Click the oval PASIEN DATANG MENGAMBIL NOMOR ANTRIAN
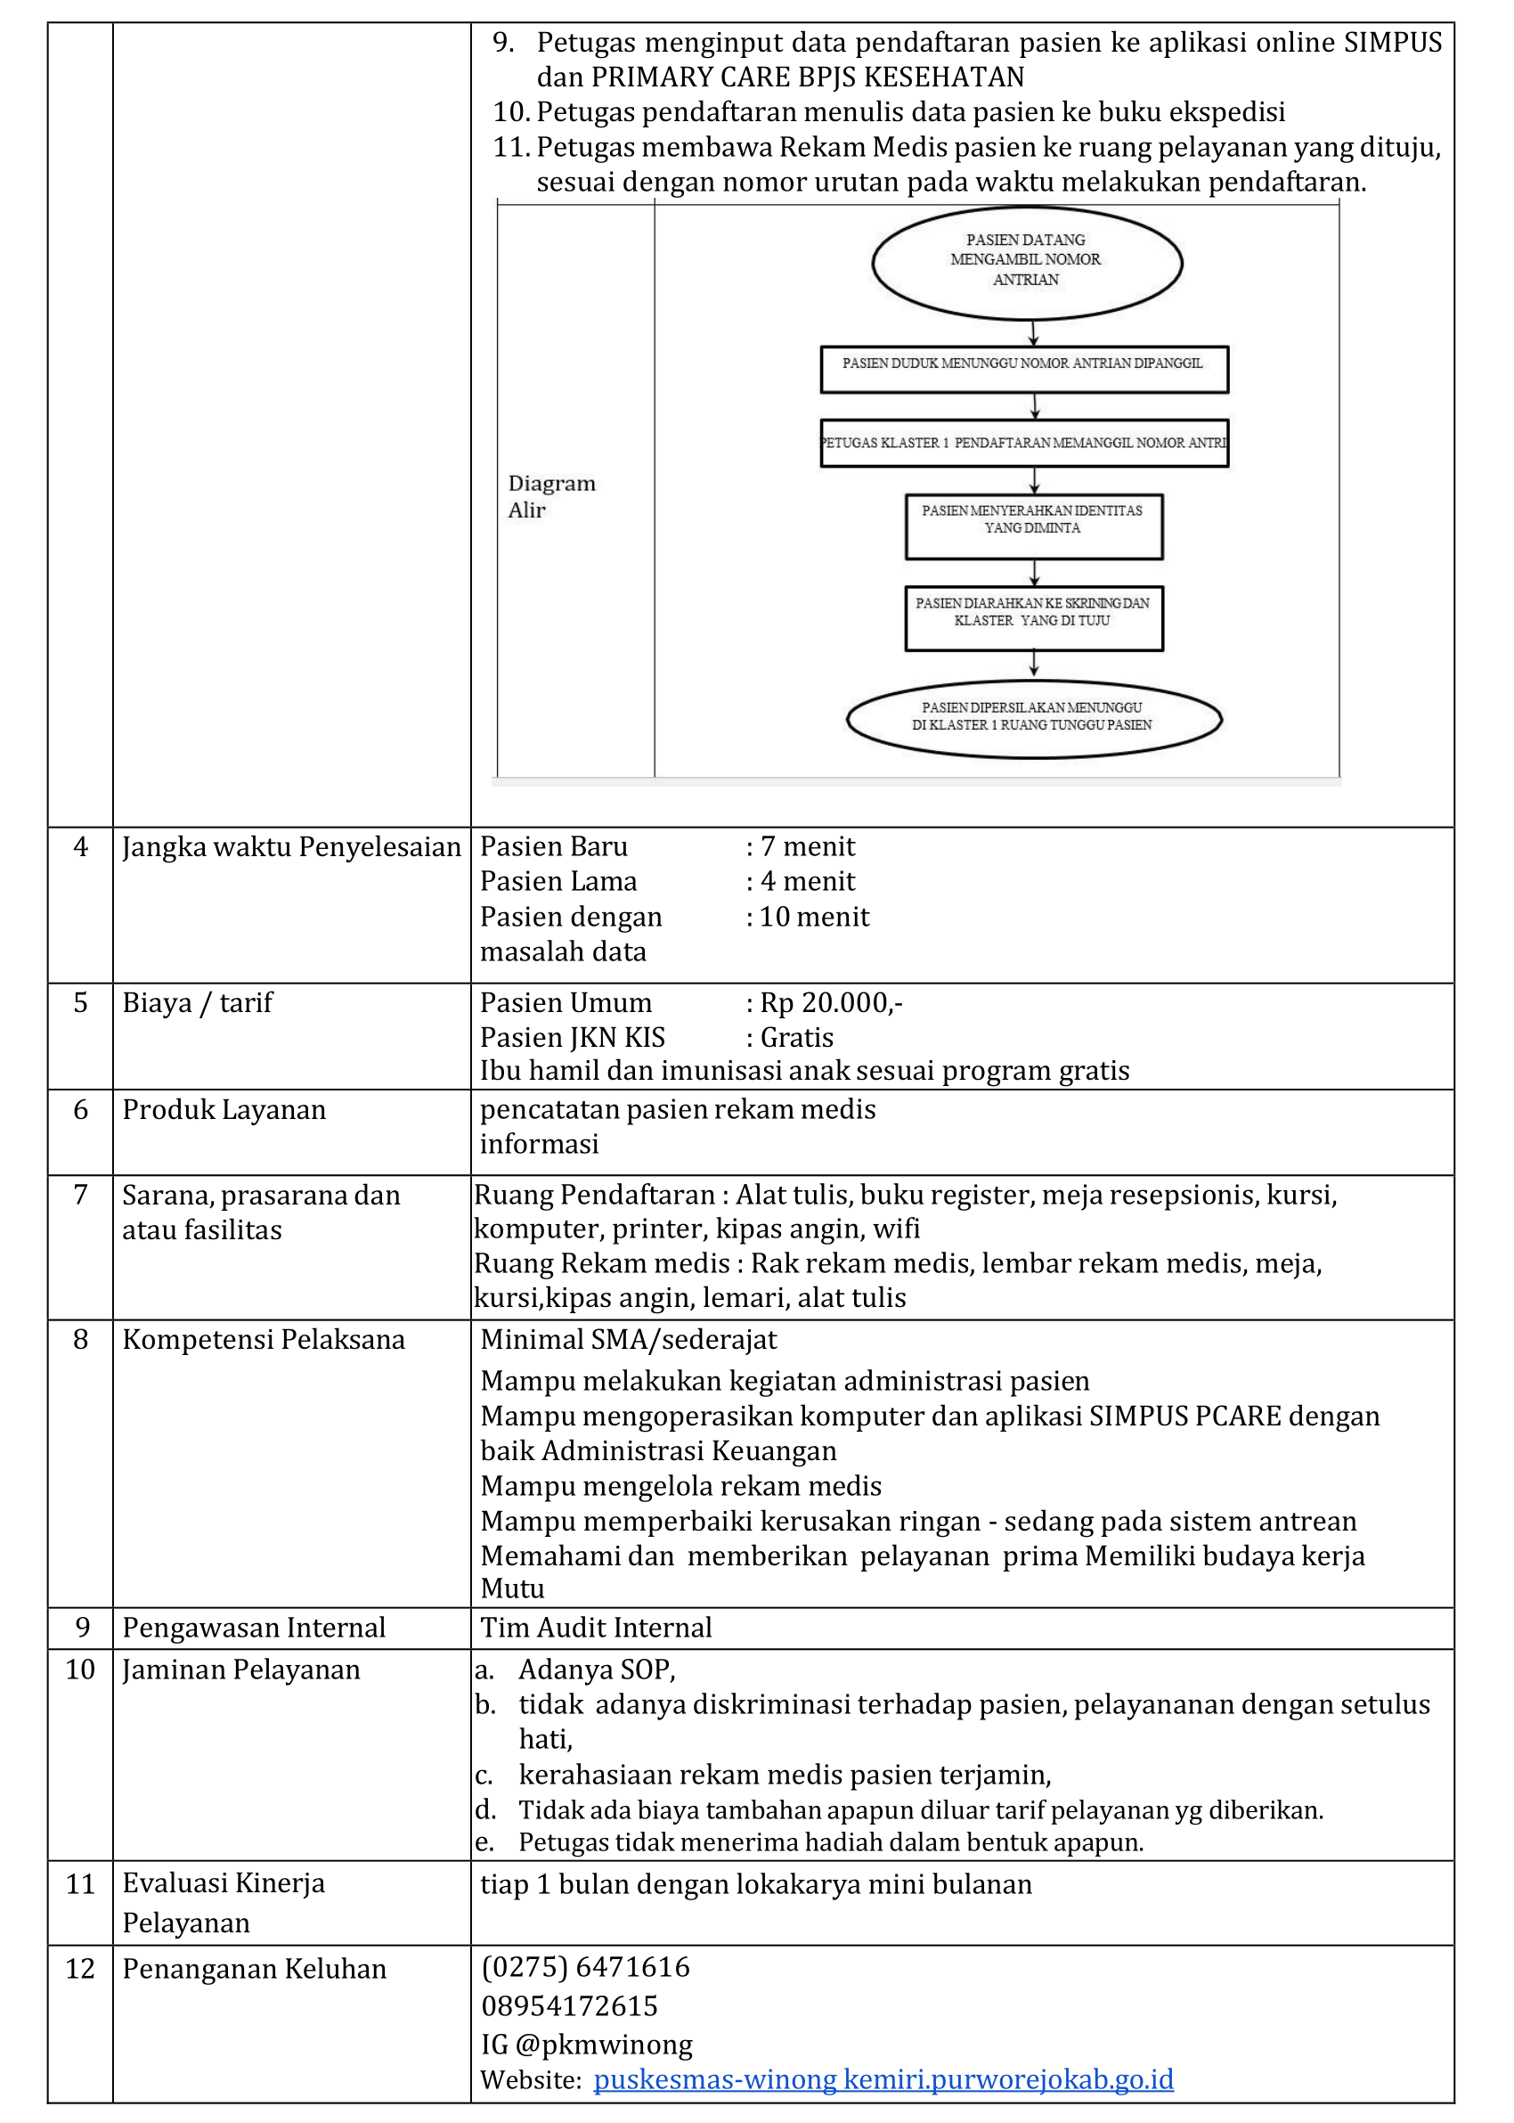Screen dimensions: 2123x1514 tap(1027, 262)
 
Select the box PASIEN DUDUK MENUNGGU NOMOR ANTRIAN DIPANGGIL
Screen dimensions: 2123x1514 tap(1023, 369)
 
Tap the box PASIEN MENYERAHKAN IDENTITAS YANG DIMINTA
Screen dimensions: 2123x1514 tap(1033, 526)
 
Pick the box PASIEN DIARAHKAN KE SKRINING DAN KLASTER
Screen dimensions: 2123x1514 tap(1033, 617)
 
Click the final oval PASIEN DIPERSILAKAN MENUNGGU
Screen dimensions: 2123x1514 tap(1033, 719)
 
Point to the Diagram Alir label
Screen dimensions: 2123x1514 tap(551, 496)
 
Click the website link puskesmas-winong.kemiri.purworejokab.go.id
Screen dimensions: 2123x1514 tap(883, 2079)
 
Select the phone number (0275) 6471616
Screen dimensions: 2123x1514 tap(585, 1966)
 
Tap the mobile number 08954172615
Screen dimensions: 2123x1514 tap(570, 2005)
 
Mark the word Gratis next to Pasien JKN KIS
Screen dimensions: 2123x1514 tap(796, 1037)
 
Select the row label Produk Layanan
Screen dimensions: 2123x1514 tap(224, 1109)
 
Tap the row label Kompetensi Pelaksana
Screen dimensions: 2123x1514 tap(264, 1339)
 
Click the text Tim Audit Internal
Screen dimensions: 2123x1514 tap(596, 1627)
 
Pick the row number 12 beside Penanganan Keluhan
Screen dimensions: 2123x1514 tap(80, 1968)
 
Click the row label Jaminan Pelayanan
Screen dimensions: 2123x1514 tap(240, 1669)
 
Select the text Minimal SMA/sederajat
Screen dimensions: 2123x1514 tap(629, 1339)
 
